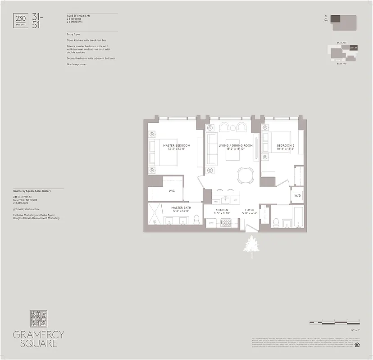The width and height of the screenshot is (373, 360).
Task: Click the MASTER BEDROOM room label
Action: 177,145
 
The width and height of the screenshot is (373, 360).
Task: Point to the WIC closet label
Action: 172,191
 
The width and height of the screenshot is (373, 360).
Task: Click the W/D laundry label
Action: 297,196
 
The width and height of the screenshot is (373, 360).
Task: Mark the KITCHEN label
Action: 222,210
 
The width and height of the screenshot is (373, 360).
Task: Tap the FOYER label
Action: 250,210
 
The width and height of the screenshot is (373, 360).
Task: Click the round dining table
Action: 246,175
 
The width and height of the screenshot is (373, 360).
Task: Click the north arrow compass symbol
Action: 325,19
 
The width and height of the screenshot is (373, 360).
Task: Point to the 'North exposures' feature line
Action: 76,64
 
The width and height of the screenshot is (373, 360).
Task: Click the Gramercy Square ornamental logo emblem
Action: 38,319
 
